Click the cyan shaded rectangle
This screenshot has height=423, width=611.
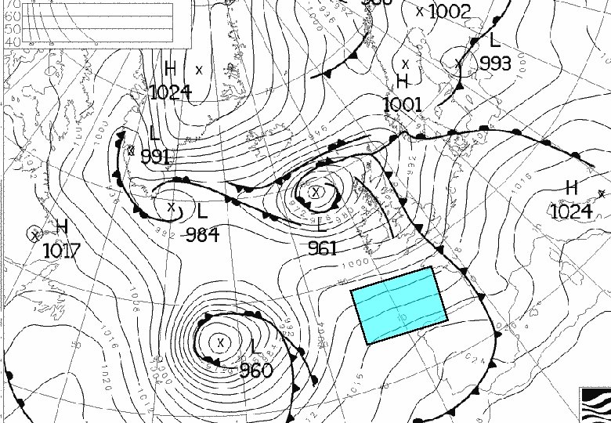[x=399, y=305]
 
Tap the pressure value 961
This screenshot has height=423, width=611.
[x=323, y=248]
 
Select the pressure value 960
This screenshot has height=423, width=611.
[x=255, y=370]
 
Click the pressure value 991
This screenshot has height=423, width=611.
[x=156, y=156]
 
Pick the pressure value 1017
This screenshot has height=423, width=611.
[x=62, y=251]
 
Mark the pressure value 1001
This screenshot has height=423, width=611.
[x=403, y=104]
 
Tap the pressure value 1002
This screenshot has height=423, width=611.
[x=450, y=11]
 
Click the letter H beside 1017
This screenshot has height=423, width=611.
[x=61, y=227]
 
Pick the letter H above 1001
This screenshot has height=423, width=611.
[x=403, y=81]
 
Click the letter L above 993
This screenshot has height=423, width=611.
[x=494, y=41]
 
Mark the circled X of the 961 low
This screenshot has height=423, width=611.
[x=316, y=191]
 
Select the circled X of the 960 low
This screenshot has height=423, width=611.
[x=221, y=342]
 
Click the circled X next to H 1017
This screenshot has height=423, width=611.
[x=34, y=233]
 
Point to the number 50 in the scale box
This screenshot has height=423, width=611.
[x=13, y=29]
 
